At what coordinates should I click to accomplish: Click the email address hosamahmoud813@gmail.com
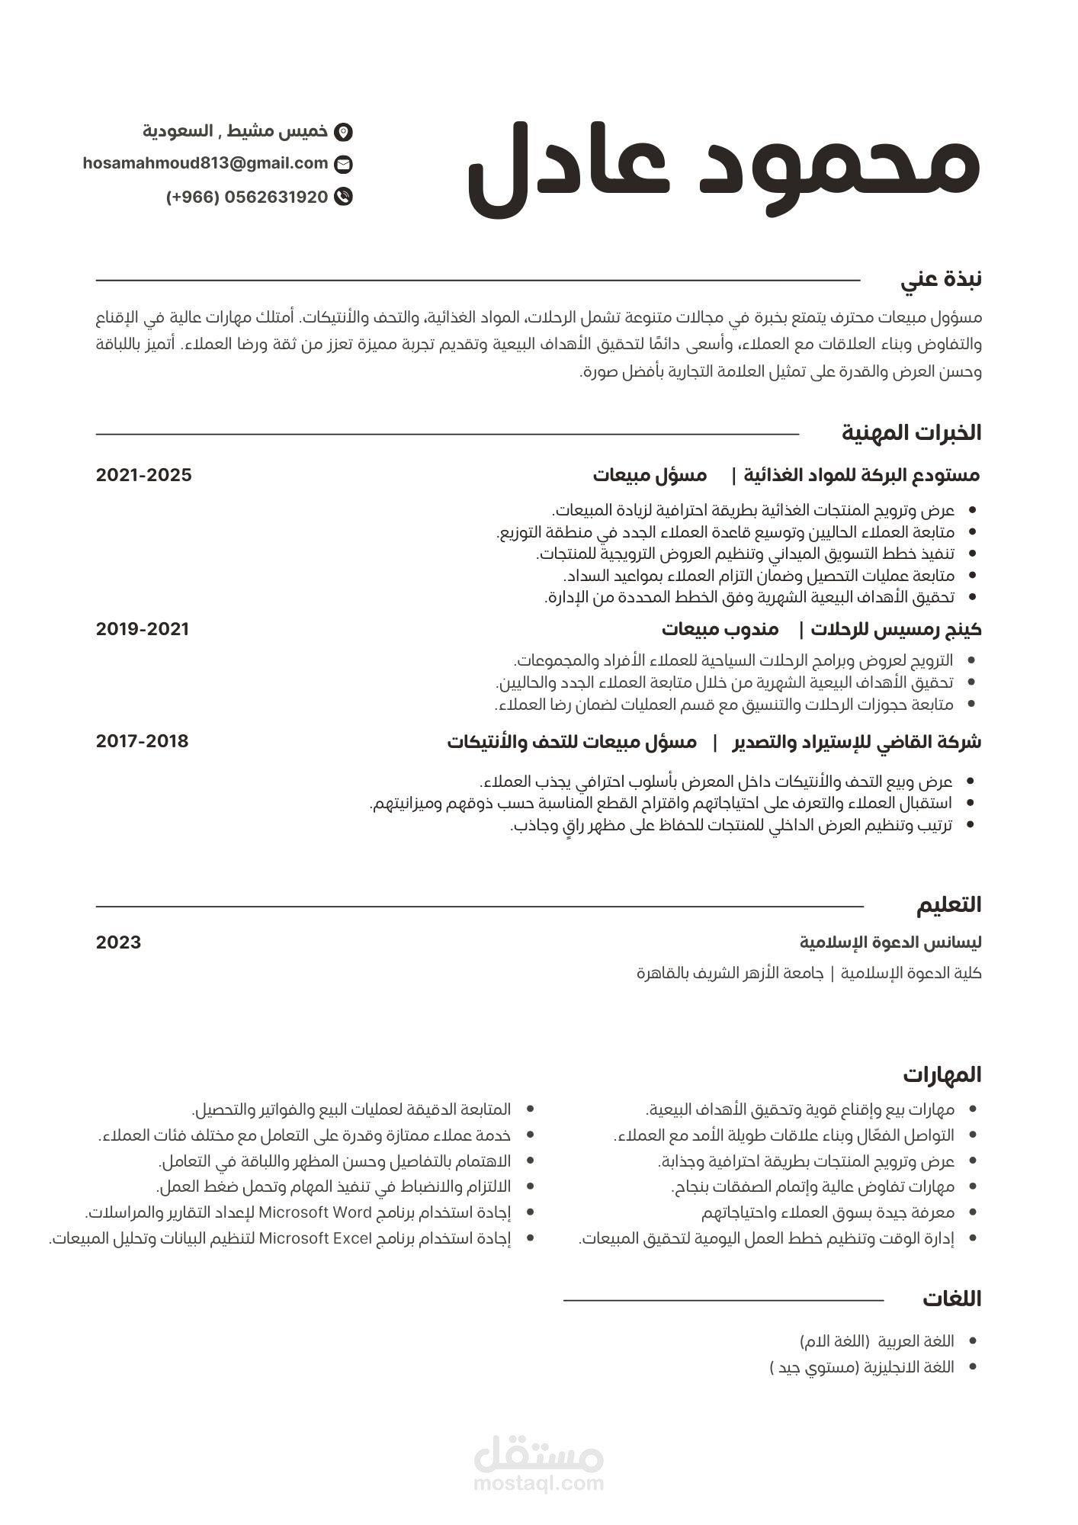(x=205, y=163)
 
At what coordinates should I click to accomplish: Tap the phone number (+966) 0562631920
(x=247, y=197)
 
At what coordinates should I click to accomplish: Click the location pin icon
(x=344, y=131)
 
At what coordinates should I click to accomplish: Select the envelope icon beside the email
(x=344, y=164)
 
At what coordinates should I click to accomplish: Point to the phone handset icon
(x=344, y=197)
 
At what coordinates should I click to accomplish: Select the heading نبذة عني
(x=941, y=280)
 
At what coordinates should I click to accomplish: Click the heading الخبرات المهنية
(x=911, y=433)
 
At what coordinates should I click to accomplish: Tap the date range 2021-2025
(x=144, y=475)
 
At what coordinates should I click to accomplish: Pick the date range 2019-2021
(x=143, y=629)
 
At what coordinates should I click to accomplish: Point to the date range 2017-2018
(x=143, y=741)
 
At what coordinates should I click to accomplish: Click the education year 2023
(x=119, y=942)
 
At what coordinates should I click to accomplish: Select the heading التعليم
(x=948, y=905)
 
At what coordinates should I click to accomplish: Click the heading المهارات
(x=942, y=1075)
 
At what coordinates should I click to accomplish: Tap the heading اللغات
(x=951, y=1299)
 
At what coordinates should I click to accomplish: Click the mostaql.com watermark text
(x=538, y=1483)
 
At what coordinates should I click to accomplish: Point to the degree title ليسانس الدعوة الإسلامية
(x=890, y=942)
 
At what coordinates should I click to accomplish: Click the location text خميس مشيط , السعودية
(x=235, y=131)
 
